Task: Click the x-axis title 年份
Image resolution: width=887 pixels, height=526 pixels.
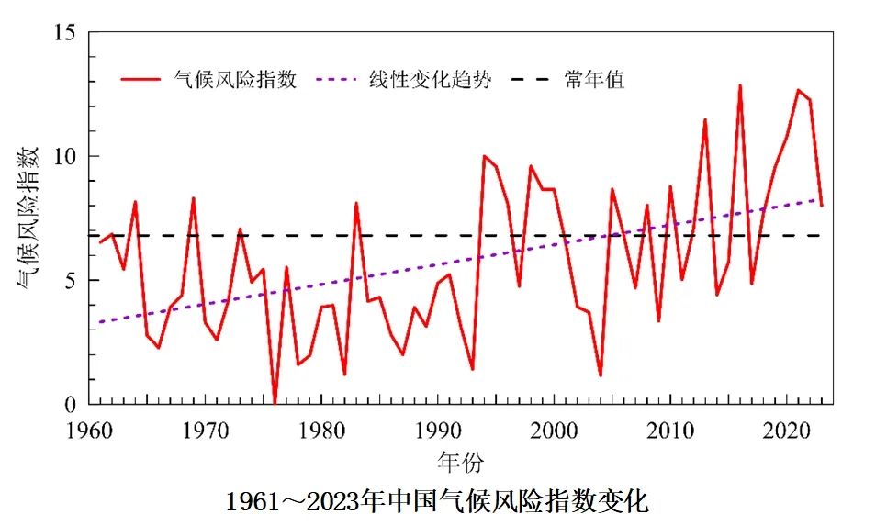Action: pyautogui.click(x=460, y=461)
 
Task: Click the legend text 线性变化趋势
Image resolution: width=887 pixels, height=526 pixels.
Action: pyautogui.click(x=431, y=80)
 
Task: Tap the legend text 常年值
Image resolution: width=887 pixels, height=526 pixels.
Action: pyautogui.click(x=596, y=80)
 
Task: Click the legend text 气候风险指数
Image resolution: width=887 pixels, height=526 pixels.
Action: pyautogui.click(x=236, y=80)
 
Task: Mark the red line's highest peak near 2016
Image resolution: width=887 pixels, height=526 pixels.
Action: pyautogui.click(x=740, y=86)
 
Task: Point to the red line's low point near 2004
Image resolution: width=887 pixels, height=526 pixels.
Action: pyautogui.click(x=600, y=375)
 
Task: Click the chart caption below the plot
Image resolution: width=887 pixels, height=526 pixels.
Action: pyautogui.click(x=438, y=502)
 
